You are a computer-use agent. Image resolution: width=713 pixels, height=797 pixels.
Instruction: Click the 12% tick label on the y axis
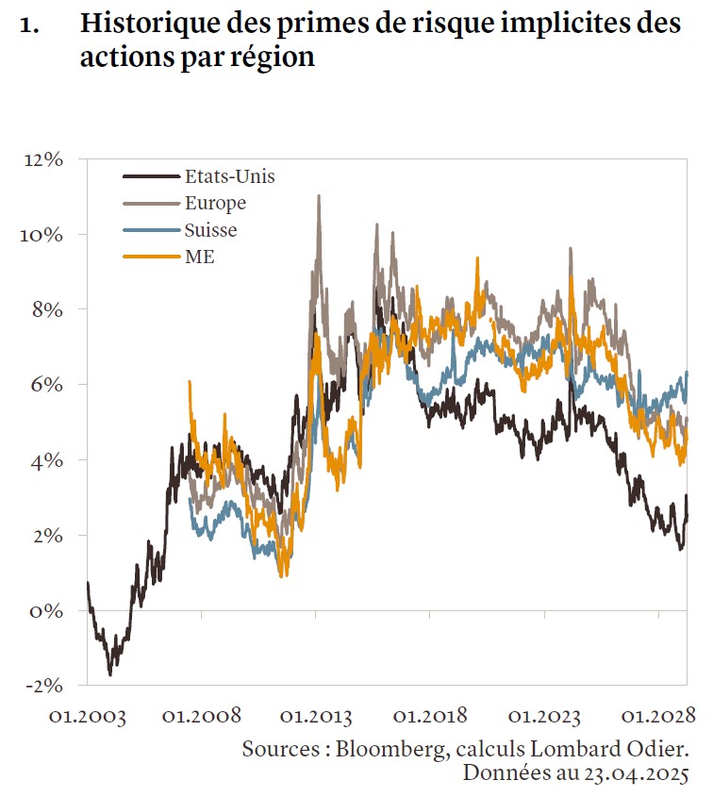click(43, 159)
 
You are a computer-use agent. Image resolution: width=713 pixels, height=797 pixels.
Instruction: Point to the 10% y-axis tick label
click(43, 234)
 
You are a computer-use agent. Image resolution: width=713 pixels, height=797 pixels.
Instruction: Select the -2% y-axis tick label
click(43, 685)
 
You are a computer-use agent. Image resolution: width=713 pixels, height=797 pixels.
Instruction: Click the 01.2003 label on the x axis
click(87, 716)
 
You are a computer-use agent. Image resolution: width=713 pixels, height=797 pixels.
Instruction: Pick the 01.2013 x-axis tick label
click(317, 716)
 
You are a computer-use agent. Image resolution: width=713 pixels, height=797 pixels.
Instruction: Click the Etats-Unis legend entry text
click(230, 175)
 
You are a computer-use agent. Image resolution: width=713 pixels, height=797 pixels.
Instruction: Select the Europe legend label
click(216, 203)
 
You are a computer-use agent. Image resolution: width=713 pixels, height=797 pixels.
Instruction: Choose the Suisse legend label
click(211, 230)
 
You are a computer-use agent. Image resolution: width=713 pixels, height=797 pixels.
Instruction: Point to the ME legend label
click(200, 257)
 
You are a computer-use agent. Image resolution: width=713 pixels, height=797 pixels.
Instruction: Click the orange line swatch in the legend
click(151, 257)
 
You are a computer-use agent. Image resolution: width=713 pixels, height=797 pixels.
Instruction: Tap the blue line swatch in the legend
click(151, 230)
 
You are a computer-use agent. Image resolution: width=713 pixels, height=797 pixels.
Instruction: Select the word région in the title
click(274, 57)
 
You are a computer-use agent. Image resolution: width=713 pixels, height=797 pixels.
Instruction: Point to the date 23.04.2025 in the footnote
click(635, 774)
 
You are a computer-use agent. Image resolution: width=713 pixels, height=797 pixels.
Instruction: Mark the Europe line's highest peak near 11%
click(319, 196)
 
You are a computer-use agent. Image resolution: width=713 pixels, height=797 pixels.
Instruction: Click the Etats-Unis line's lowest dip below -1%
click(110, 673)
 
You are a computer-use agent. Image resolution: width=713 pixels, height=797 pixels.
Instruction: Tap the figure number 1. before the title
click(28, 25)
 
